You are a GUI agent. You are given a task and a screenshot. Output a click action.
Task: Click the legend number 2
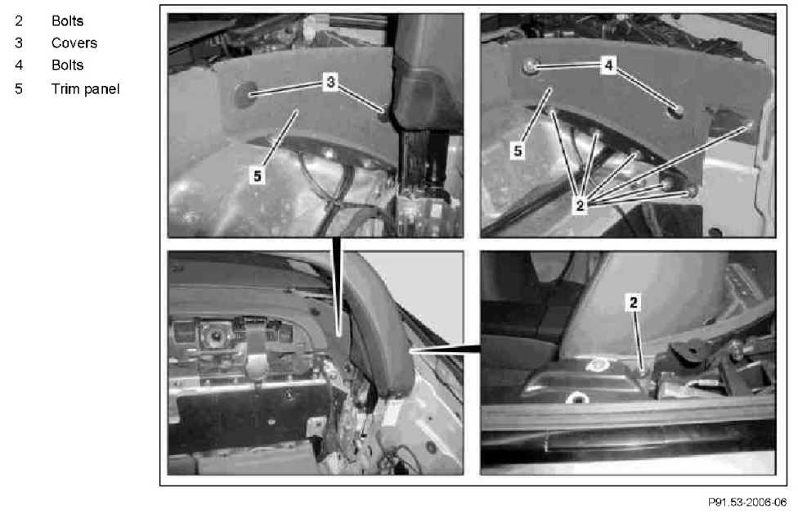coord(19,21)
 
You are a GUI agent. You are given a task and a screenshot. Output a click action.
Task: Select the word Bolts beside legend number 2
coord(67,21)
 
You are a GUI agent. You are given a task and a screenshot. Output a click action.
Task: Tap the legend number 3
coord(19,43)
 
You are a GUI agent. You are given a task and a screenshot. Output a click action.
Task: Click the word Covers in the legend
coord(74,43)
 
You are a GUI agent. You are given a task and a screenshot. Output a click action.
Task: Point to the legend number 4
coord(19,65)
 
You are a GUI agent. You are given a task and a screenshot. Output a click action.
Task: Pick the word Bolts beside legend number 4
coord(67,65)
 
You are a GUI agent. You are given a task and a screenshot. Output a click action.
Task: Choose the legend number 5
coord(19,89)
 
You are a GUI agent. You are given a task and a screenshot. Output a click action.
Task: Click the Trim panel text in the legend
coord(86,89)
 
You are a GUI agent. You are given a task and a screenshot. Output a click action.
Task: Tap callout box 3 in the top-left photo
coord(331,82)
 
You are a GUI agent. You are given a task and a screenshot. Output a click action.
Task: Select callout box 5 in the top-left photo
coord(258,176)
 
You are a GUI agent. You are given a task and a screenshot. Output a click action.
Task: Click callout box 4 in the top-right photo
coord(608,65)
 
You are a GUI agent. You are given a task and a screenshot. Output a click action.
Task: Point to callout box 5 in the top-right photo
coord(518,151)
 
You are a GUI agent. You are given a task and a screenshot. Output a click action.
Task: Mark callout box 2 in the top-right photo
coord(580,205)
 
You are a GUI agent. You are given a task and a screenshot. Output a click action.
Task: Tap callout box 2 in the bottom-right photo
coord(633,303)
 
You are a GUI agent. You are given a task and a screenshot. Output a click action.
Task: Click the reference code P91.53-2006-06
coord(747,502)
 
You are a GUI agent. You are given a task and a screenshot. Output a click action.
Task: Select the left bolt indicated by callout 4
coord(531,65)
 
